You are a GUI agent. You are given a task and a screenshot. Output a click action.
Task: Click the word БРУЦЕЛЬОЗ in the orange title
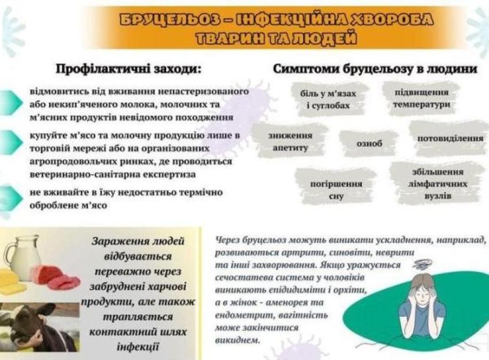click(x=168, y=19)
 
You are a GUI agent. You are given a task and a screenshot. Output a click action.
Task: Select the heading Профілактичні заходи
click(x=128, y=69)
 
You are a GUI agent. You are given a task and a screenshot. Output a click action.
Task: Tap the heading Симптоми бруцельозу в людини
click(x=375, y=69)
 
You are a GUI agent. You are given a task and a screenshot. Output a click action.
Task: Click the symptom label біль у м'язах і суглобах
click(x=328, y=99)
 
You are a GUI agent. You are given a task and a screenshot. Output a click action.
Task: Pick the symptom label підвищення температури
click(x=421, y=98)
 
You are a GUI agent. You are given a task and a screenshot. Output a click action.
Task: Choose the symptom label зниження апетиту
click(x=290, y=141)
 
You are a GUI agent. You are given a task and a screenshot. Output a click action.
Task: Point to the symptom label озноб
click(x=369, y=143)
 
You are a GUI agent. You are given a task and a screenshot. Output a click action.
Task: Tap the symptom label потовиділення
click(x=450, y=138)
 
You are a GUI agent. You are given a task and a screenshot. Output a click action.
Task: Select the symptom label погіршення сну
click(x=336, y=190)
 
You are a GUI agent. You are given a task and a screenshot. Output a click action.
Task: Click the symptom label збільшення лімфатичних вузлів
click(x=438, y=183)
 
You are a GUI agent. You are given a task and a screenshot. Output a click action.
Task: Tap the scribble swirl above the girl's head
click(x=421, y=265)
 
